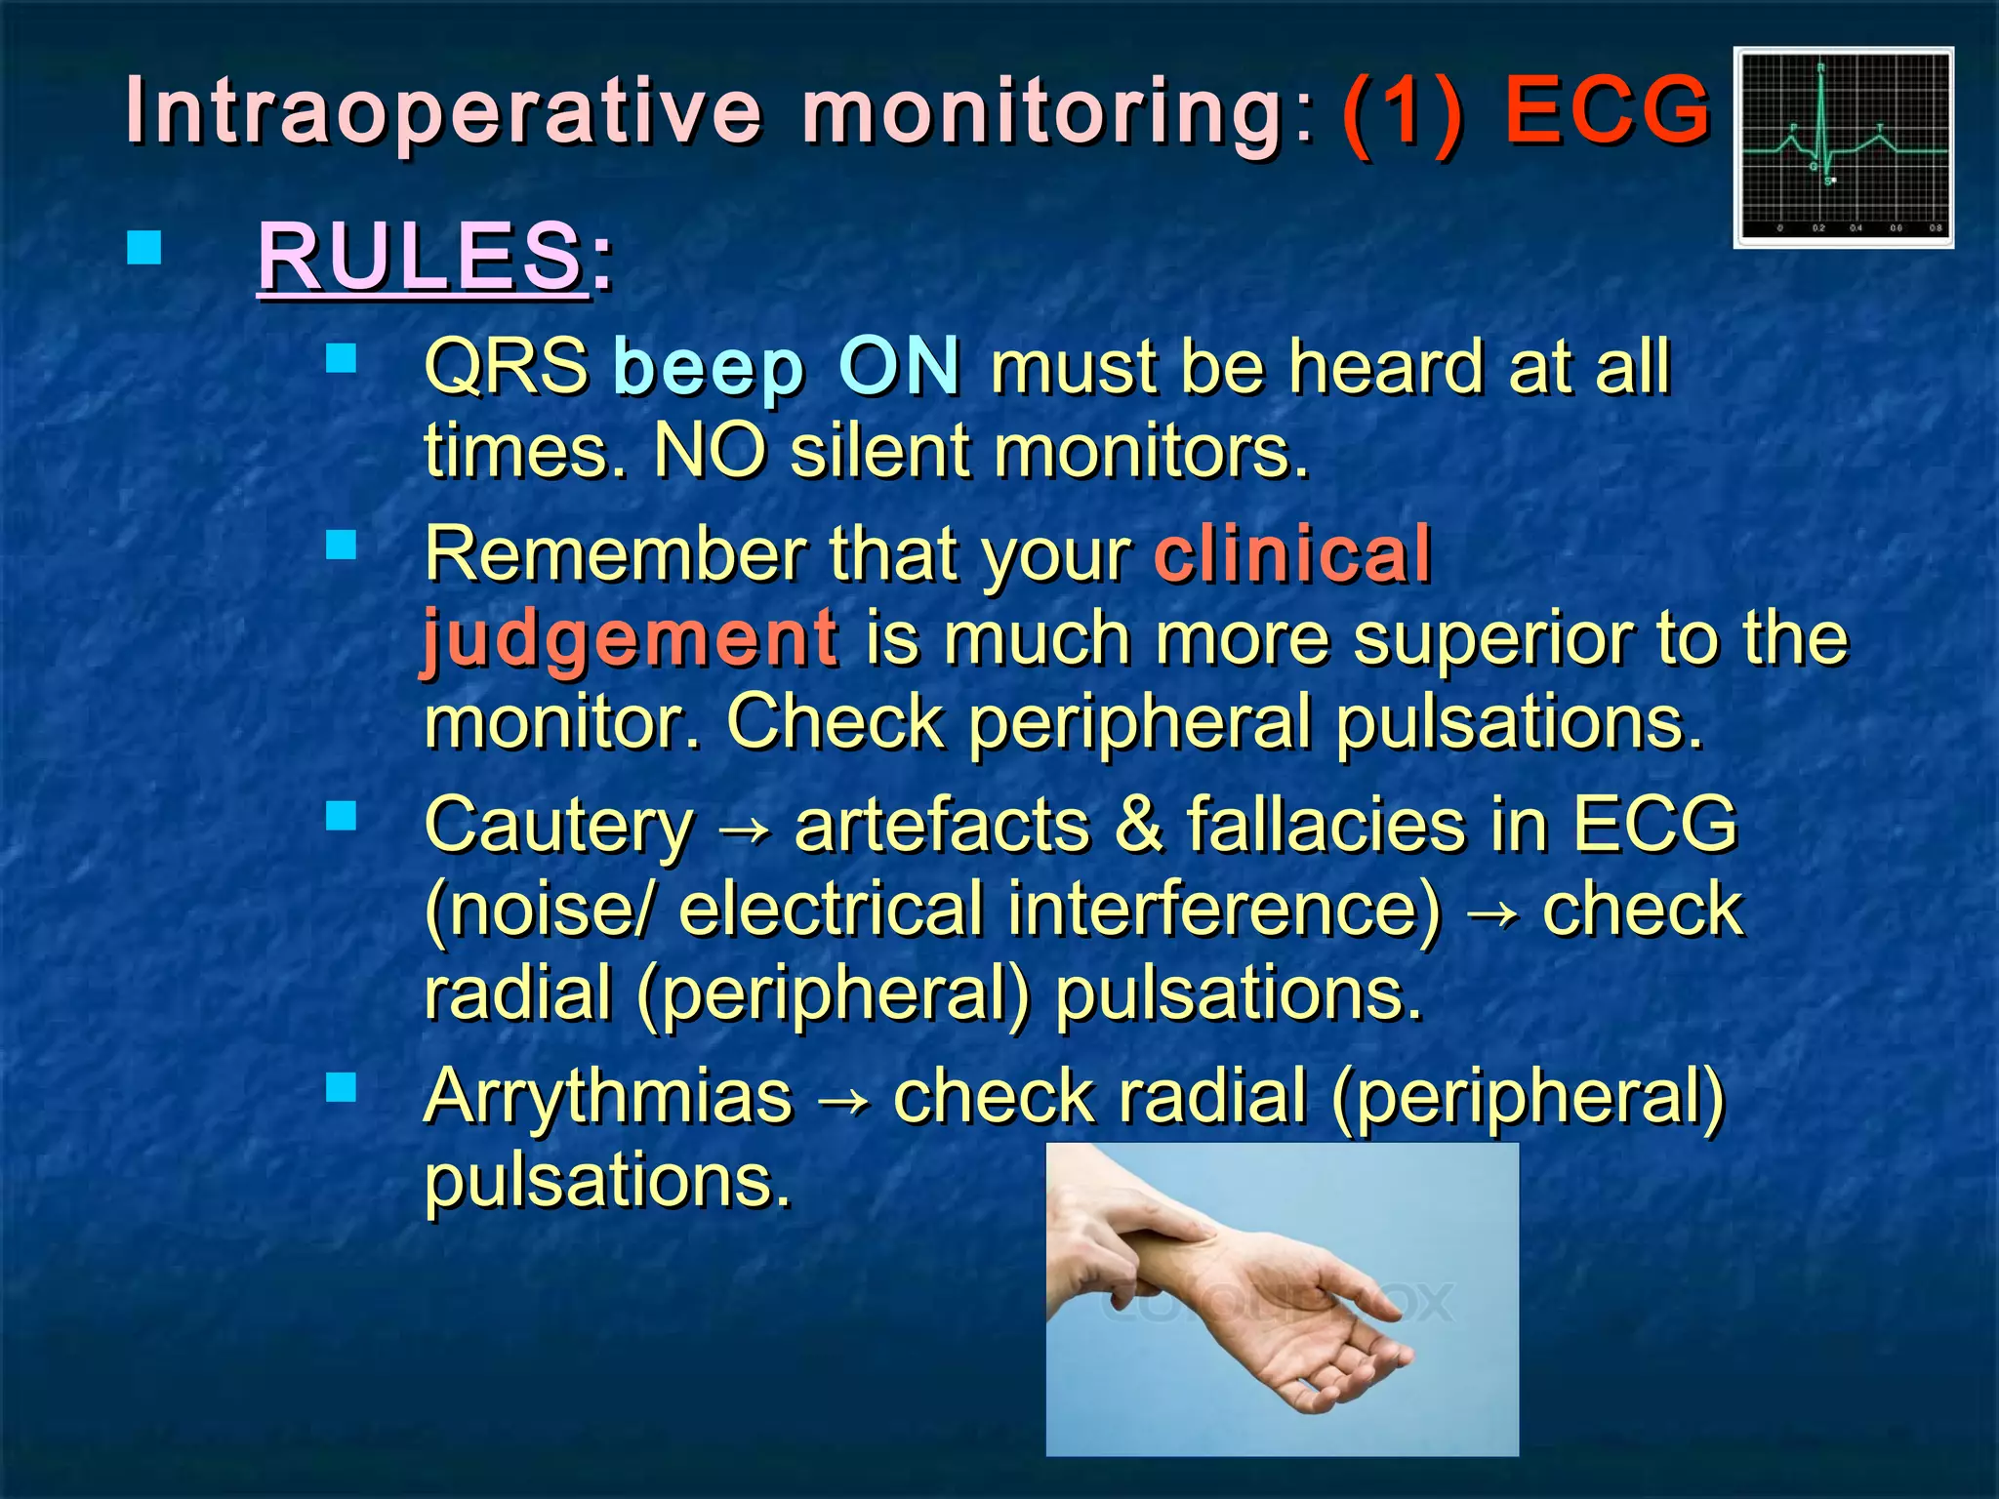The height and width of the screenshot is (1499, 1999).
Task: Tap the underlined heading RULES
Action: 420,257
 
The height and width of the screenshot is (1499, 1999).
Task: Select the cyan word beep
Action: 709,368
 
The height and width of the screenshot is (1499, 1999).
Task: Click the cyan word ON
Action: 899,366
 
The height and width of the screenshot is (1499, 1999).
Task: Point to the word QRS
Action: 506,366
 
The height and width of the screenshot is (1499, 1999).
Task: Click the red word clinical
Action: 1292,553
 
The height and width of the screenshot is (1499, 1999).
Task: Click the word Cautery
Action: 559,825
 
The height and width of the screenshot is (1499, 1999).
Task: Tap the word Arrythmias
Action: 608,1096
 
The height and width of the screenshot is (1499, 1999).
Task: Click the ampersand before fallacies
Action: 1137,825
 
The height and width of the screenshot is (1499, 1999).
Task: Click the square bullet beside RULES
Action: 144,248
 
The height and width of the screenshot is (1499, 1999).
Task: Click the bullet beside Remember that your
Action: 342,544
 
